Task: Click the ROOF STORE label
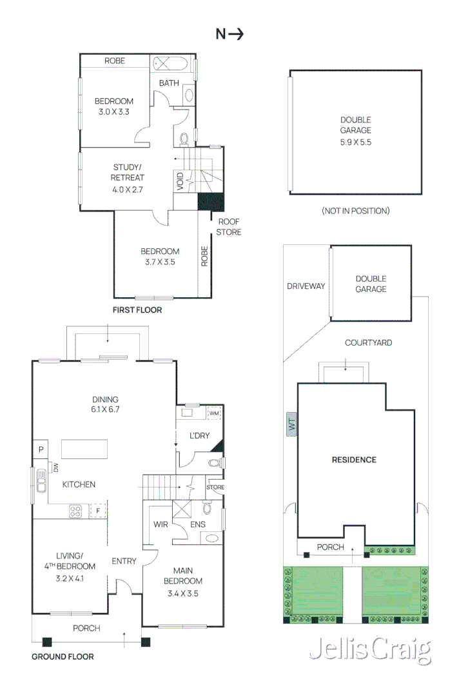[x=228, y=228]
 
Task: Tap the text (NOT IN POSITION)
[x=355, y=211]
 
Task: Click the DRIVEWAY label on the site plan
[x=306, y=286]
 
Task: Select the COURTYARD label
[x=368, y=343]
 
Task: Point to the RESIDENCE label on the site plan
[x=353, y=460]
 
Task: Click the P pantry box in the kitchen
[x=40, y=449]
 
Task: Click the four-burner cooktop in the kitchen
[x=75, y=511]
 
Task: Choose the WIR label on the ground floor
[x=161, y=524]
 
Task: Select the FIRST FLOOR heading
[x=137, y=310]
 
